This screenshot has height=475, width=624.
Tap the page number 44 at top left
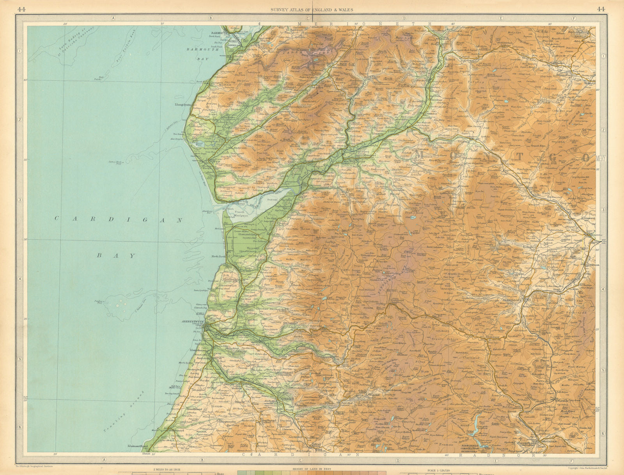pyautogui.click(x=22, y=10)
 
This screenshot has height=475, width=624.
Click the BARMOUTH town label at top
pyautogui.click(x=219, y=33)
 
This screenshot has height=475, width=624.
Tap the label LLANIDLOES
pyautogui.click(x=516, y=300)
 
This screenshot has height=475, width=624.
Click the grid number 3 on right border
pyautogui.click(x=603, y=210)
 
